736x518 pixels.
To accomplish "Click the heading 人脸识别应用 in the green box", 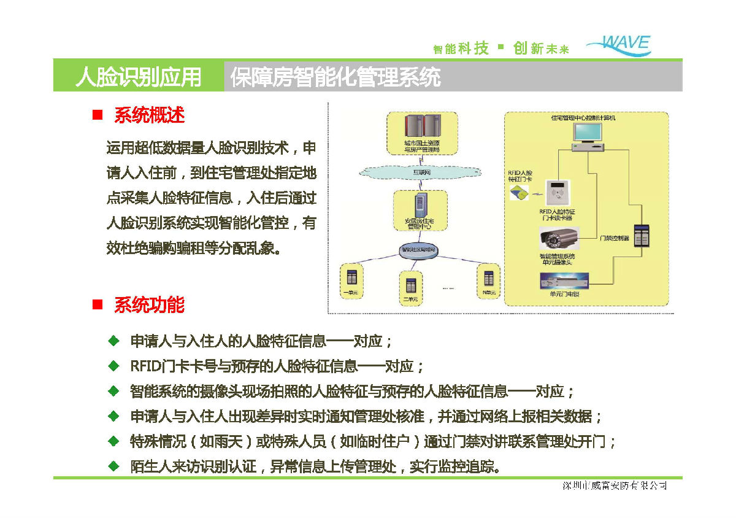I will (x=138, y=77).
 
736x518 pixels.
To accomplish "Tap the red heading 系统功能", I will (x=149, y=305).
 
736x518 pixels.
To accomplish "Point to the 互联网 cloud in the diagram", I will (x=420, y=172).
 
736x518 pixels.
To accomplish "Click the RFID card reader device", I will (x=557, y=193).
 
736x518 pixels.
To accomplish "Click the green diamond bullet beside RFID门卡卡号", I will (x=113, y=366).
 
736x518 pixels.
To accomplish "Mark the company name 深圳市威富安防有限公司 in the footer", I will (x=615, y=486).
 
